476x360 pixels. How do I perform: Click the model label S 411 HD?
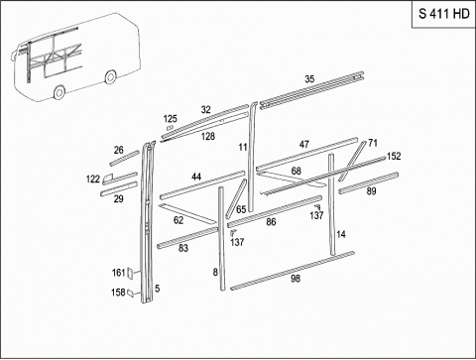pyautogui.click(x=444, y=14)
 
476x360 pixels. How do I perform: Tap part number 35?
pyautogui.click(x=309, y=79)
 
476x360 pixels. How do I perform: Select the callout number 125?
pyautogui.click(x=171, y=119)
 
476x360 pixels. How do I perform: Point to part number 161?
pyautogui.click(x=119, y=273)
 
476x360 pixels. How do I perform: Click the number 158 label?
pyautogui.click(x=118, y=293)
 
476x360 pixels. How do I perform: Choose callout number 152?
pyautogui.click(x=394, y=156)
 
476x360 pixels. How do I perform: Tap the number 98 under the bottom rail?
pyautogui.click(x=296, y=279)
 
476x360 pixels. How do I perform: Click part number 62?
pyautogui.click(x=178, y=220)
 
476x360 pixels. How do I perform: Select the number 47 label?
pyautogui.click(x=304, y=144)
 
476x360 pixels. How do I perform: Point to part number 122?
pyautogui.click(x=93, y=180)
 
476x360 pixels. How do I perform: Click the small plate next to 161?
pyautogui.click(x=130, y=273)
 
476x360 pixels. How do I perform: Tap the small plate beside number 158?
pyautogui.click(x=131, y=293)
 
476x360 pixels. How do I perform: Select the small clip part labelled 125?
pyautogui.click(x=170, y=128)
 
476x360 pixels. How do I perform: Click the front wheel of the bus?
pyautogui.click(x=59, y=92)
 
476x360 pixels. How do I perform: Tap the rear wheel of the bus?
pyautogui.click(x=110, y=76)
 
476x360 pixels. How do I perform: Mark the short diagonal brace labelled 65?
pyautogui.click(x=236, y=198)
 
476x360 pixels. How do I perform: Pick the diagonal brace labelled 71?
pyautogui.click(x=352, y=161)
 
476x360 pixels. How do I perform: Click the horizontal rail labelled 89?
pyautogui.click(x=368, y=182)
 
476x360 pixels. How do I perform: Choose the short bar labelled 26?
pyautogui.click(x=125, y=159)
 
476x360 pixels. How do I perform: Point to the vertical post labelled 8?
pyautogui.click(x=221, y=239)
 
